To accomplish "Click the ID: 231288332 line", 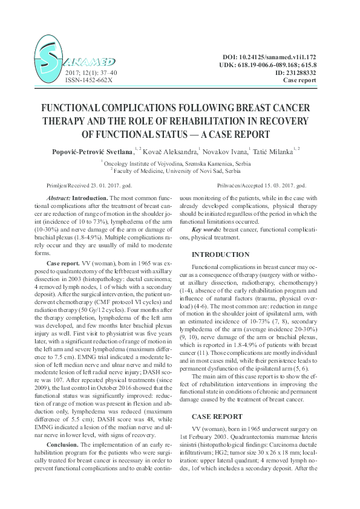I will point(289,73).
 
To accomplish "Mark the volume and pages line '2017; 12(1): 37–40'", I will point(91,73).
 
